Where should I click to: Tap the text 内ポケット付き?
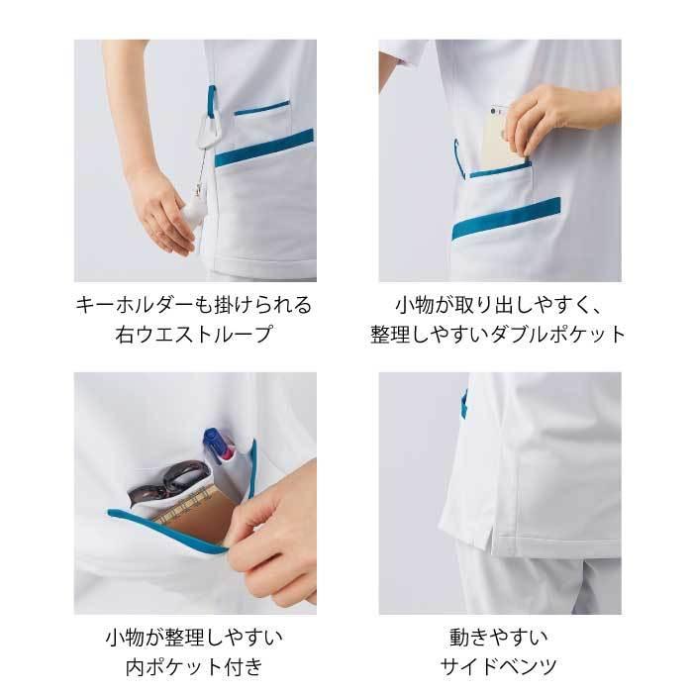coord(194,665)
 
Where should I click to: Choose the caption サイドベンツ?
coord(499,665)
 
